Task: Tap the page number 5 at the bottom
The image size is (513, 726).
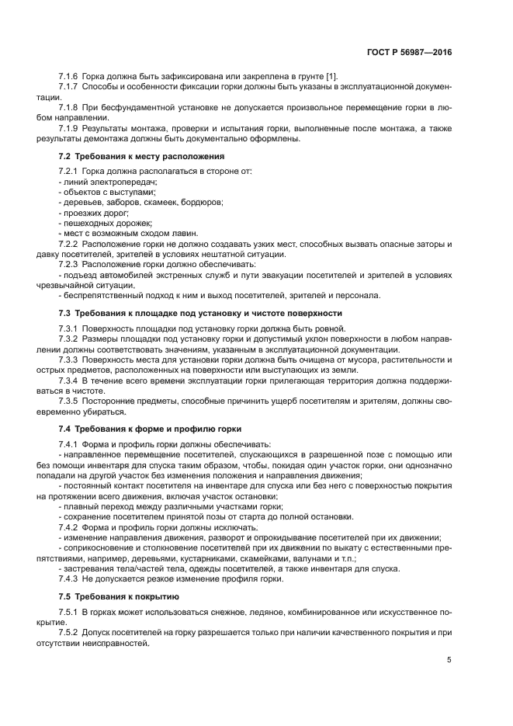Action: coord(449,660)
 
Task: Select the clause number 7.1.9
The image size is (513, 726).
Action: coord(70,127)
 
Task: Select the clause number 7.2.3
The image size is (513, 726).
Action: coord(70,264)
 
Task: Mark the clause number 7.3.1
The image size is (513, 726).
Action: coord(70,328)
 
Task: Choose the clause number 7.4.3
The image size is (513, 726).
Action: coord(70,578)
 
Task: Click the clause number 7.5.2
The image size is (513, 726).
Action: coord(70,631)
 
